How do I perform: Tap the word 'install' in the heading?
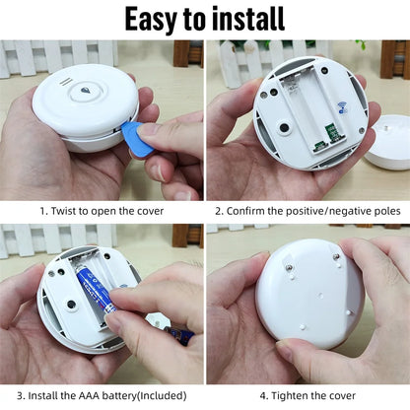click(x=248, y=19)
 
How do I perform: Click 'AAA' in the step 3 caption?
click(x=89, y=395)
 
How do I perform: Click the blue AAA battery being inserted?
click(x=97, y=291)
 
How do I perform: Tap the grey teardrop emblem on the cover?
click(x=86, y=92)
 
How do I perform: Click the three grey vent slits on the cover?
click(x=66, y=82)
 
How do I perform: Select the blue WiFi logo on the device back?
click(x=342, y=107)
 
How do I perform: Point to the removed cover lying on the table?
click(x=388, y=142)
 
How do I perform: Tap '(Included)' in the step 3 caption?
click(x=162, y=395)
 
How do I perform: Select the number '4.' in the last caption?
click(x=264, y=395)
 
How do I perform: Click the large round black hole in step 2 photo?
click(x=284, y=127)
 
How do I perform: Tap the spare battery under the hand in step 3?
click(x=180, y=336)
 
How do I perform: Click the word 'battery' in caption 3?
click(x=117, y=395)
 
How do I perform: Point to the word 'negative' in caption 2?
click(x=350, y=211)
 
